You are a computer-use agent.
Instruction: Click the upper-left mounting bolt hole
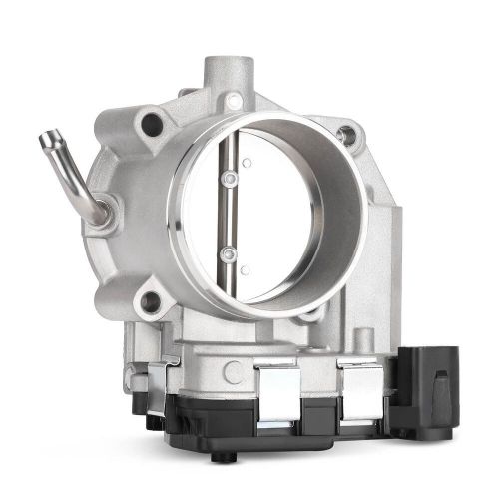[x=153, y=124]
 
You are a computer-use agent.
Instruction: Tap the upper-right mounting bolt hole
[x=346, y=134]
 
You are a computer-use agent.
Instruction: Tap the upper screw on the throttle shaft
[x=231, y=180]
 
